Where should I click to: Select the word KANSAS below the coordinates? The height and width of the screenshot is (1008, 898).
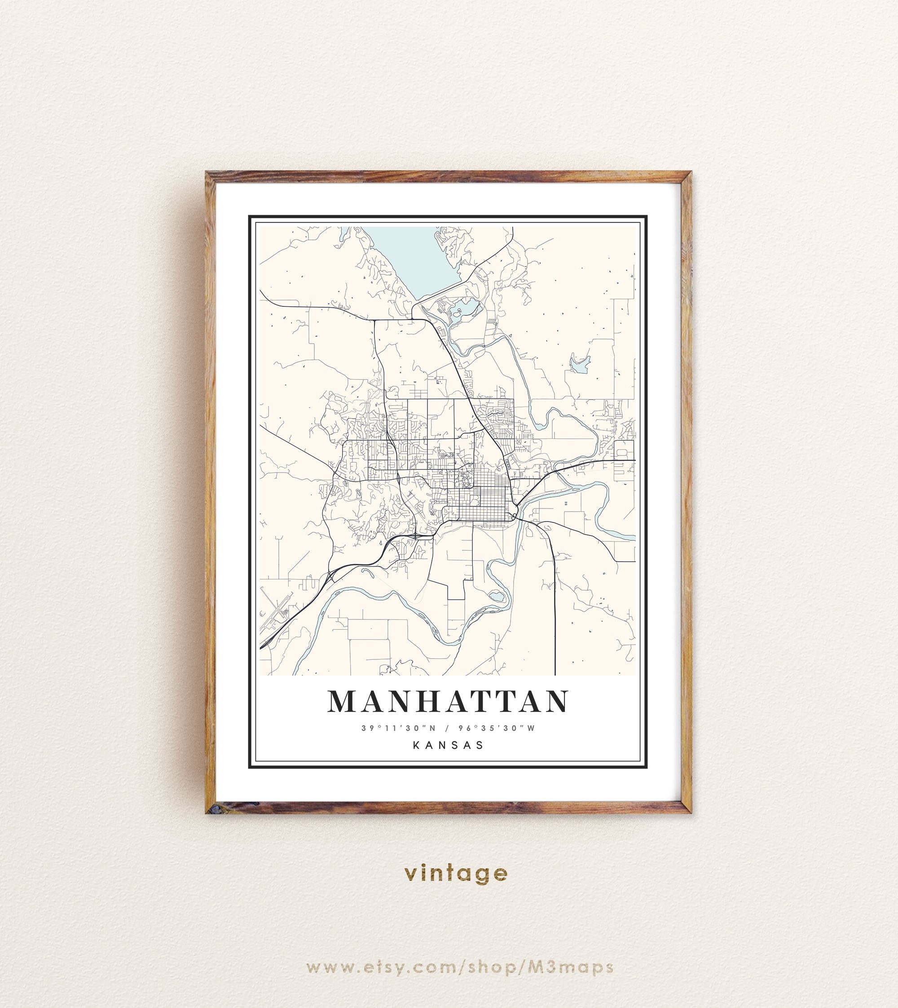[x=448, y=745]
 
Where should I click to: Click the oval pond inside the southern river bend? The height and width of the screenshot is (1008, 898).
[x=496, y=596]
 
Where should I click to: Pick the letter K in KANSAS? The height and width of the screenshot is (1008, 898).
[x=416, y=745]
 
